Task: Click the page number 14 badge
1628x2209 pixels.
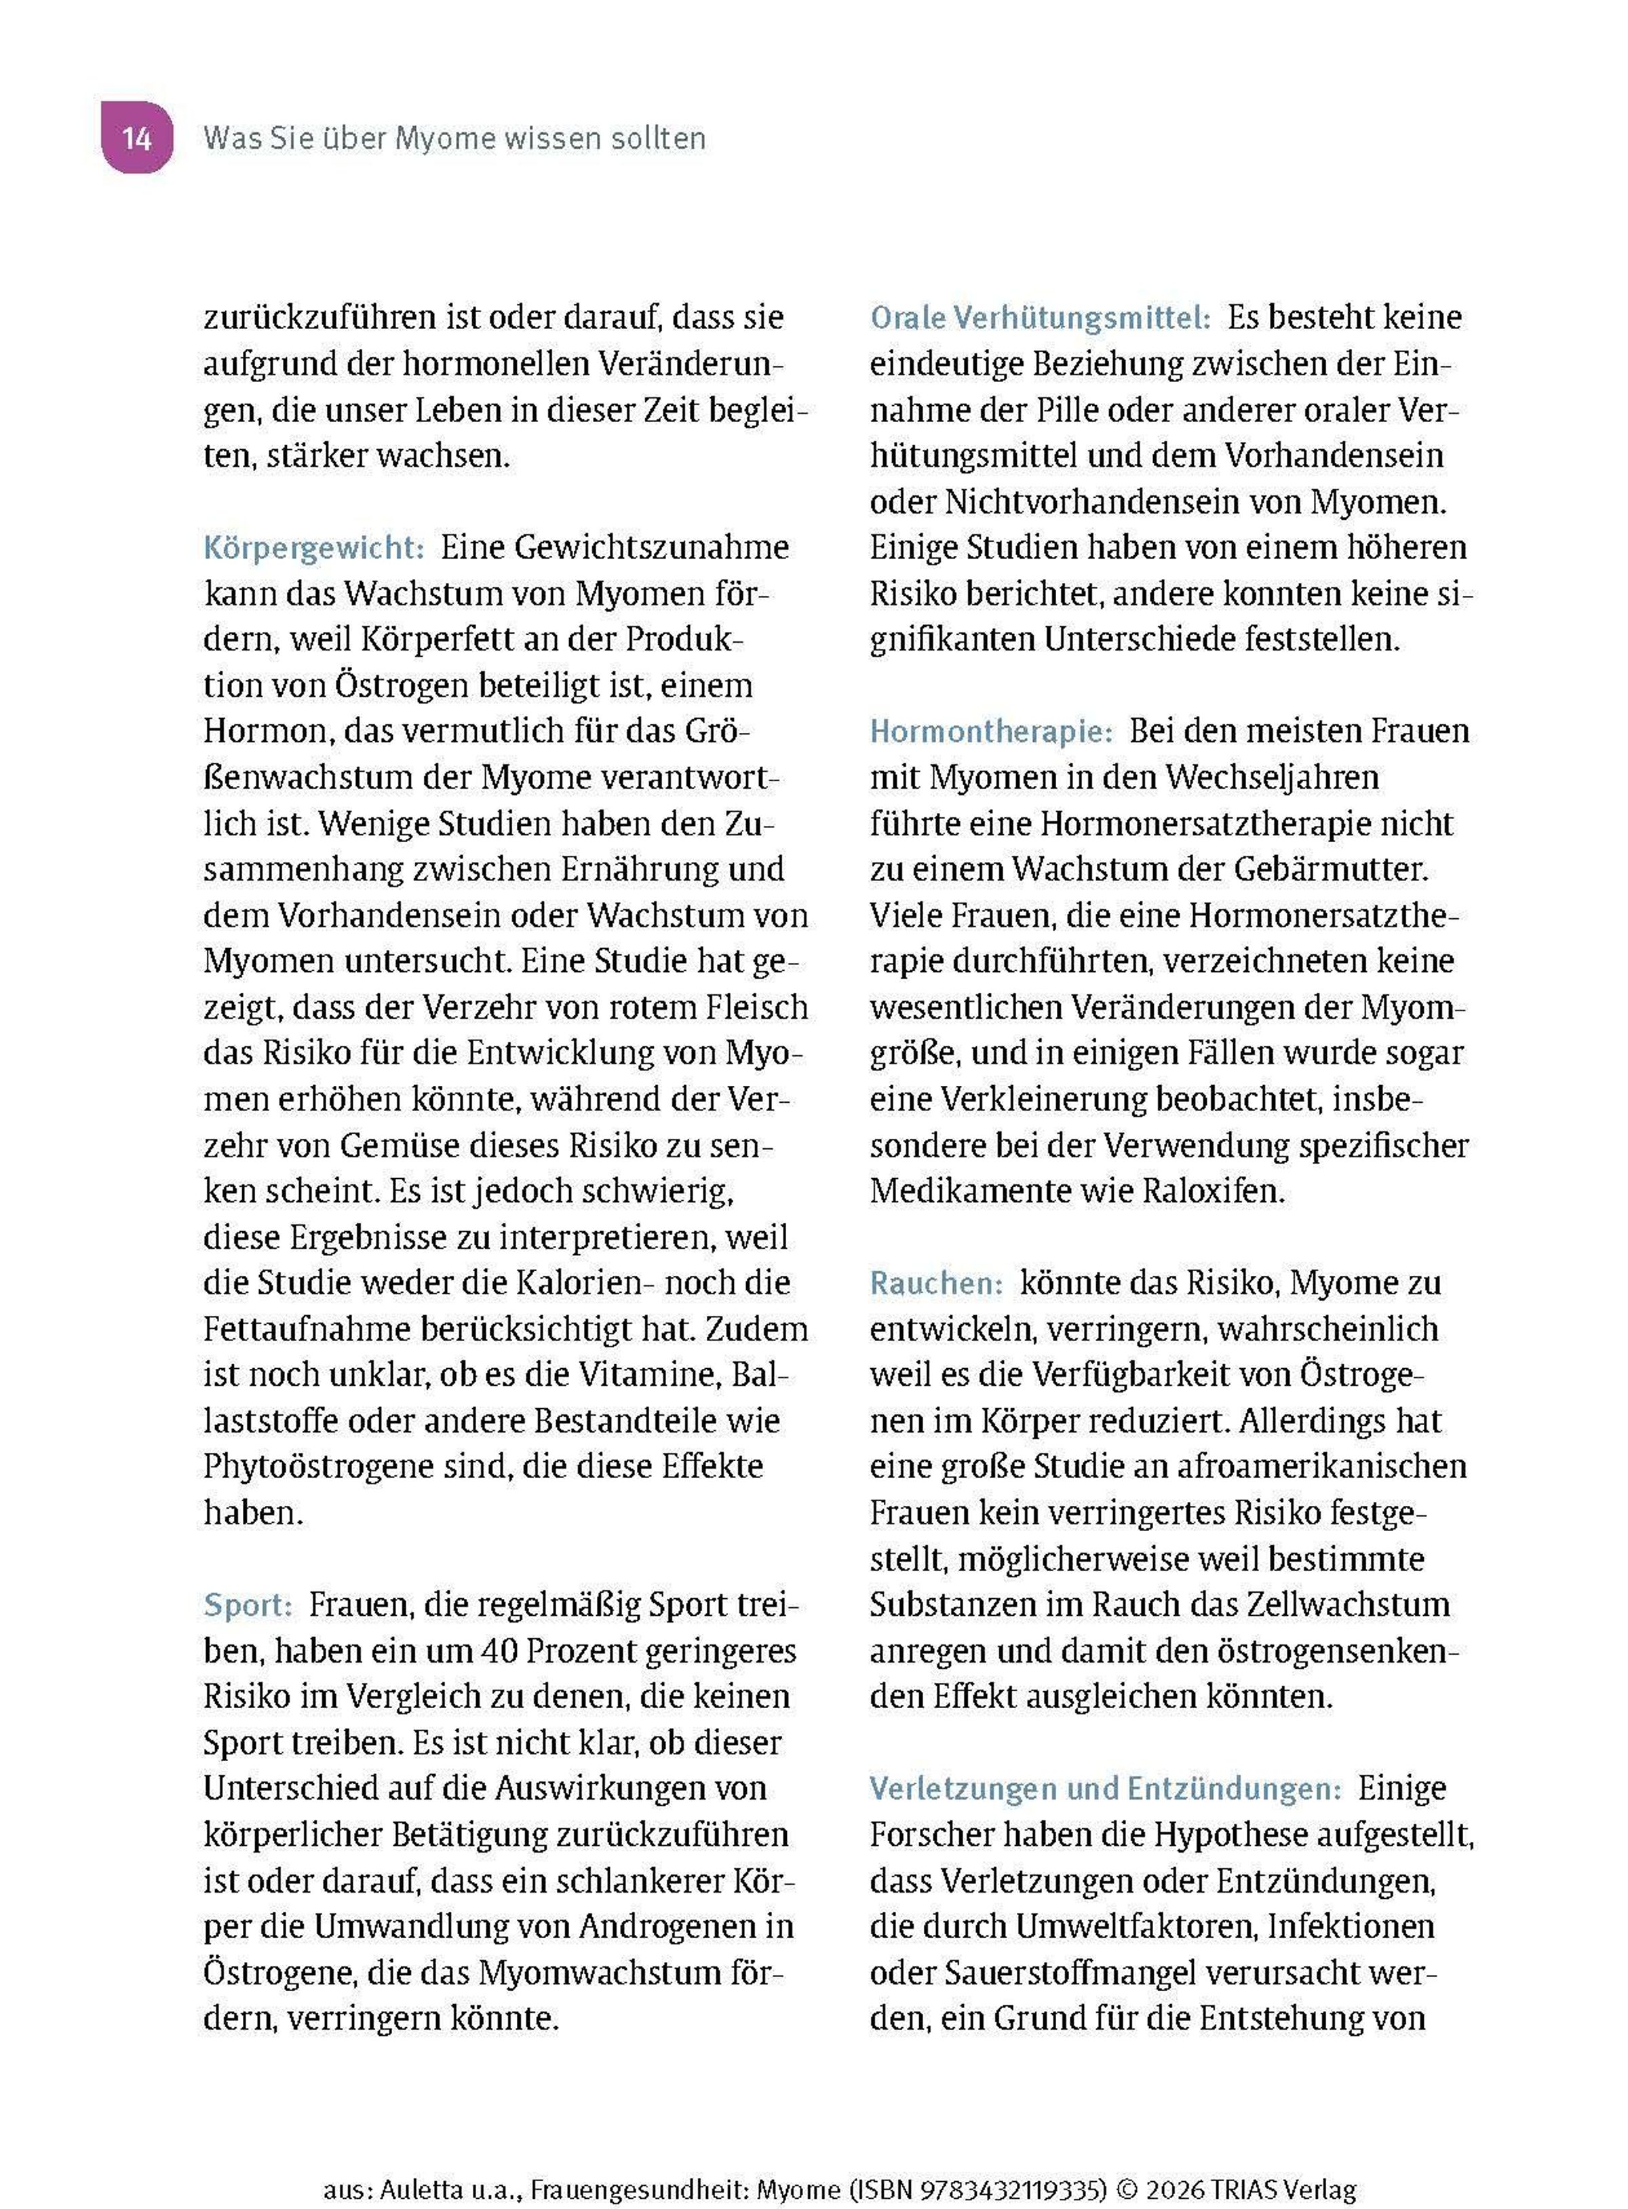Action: [x=137, y=137]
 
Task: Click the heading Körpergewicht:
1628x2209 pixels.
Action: [x=313, y=548]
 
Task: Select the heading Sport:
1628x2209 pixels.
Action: [x=248, y=1606]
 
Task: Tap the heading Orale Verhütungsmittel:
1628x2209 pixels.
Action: [x=1040, y=318]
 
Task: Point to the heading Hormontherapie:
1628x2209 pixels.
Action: [x=990, y=732]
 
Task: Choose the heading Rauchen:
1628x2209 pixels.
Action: [x=936, y=1283]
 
